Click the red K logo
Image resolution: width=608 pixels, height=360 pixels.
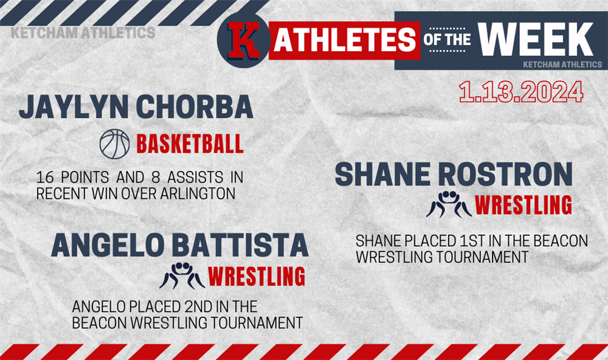tap(243, 41)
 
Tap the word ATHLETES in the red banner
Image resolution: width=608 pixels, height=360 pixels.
tap(345, 40)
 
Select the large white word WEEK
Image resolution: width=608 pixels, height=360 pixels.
tap(536, 39)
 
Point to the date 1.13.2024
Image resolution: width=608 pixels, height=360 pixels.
tap(521, 92)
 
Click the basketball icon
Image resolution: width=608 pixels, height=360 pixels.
tap(115, 144)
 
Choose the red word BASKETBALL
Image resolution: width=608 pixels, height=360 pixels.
tap(190, 144)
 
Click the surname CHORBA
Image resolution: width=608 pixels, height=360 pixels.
tap(195, 106)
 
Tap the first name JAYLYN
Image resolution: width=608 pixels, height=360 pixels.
tap(74, 106)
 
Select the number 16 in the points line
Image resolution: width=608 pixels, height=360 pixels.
tap(45, 178)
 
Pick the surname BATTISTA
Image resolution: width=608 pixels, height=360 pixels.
tap(240, 245)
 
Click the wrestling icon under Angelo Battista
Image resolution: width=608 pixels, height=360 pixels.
tap(182, 276)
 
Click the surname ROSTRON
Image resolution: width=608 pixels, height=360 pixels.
tap(505, 174)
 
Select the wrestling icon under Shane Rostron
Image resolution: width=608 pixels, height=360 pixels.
tap(449, 204)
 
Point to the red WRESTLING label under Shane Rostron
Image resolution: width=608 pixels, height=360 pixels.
tap(523, 205)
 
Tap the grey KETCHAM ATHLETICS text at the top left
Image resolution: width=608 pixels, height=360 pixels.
tap(83, 33)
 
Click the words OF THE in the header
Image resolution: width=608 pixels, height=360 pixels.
tap(447, 40)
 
